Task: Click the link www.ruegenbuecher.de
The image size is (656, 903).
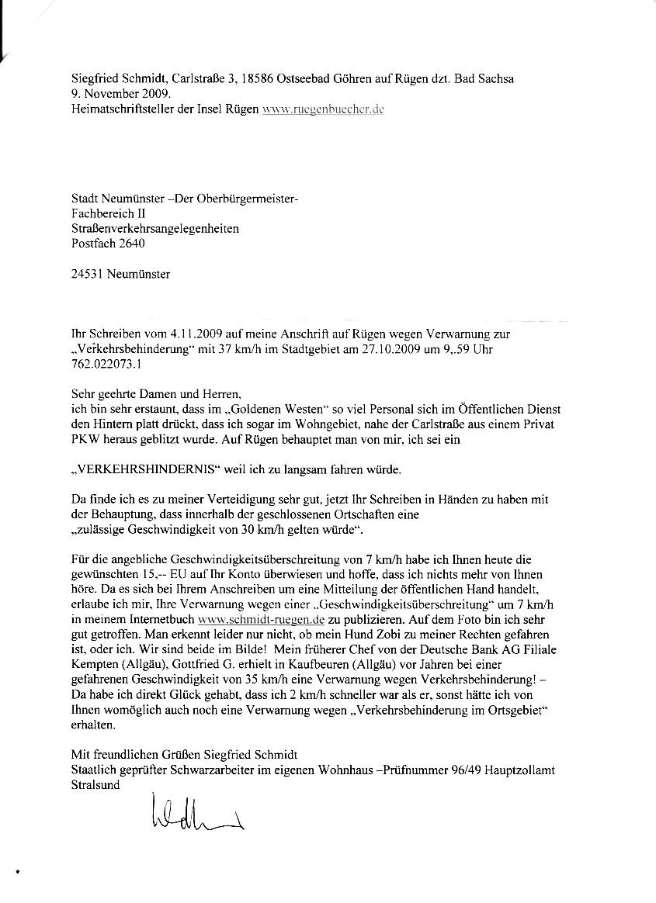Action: point(325,110)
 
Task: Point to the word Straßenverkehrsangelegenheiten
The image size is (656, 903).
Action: point(154,228)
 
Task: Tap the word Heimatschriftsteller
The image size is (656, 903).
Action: point(124,110)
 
